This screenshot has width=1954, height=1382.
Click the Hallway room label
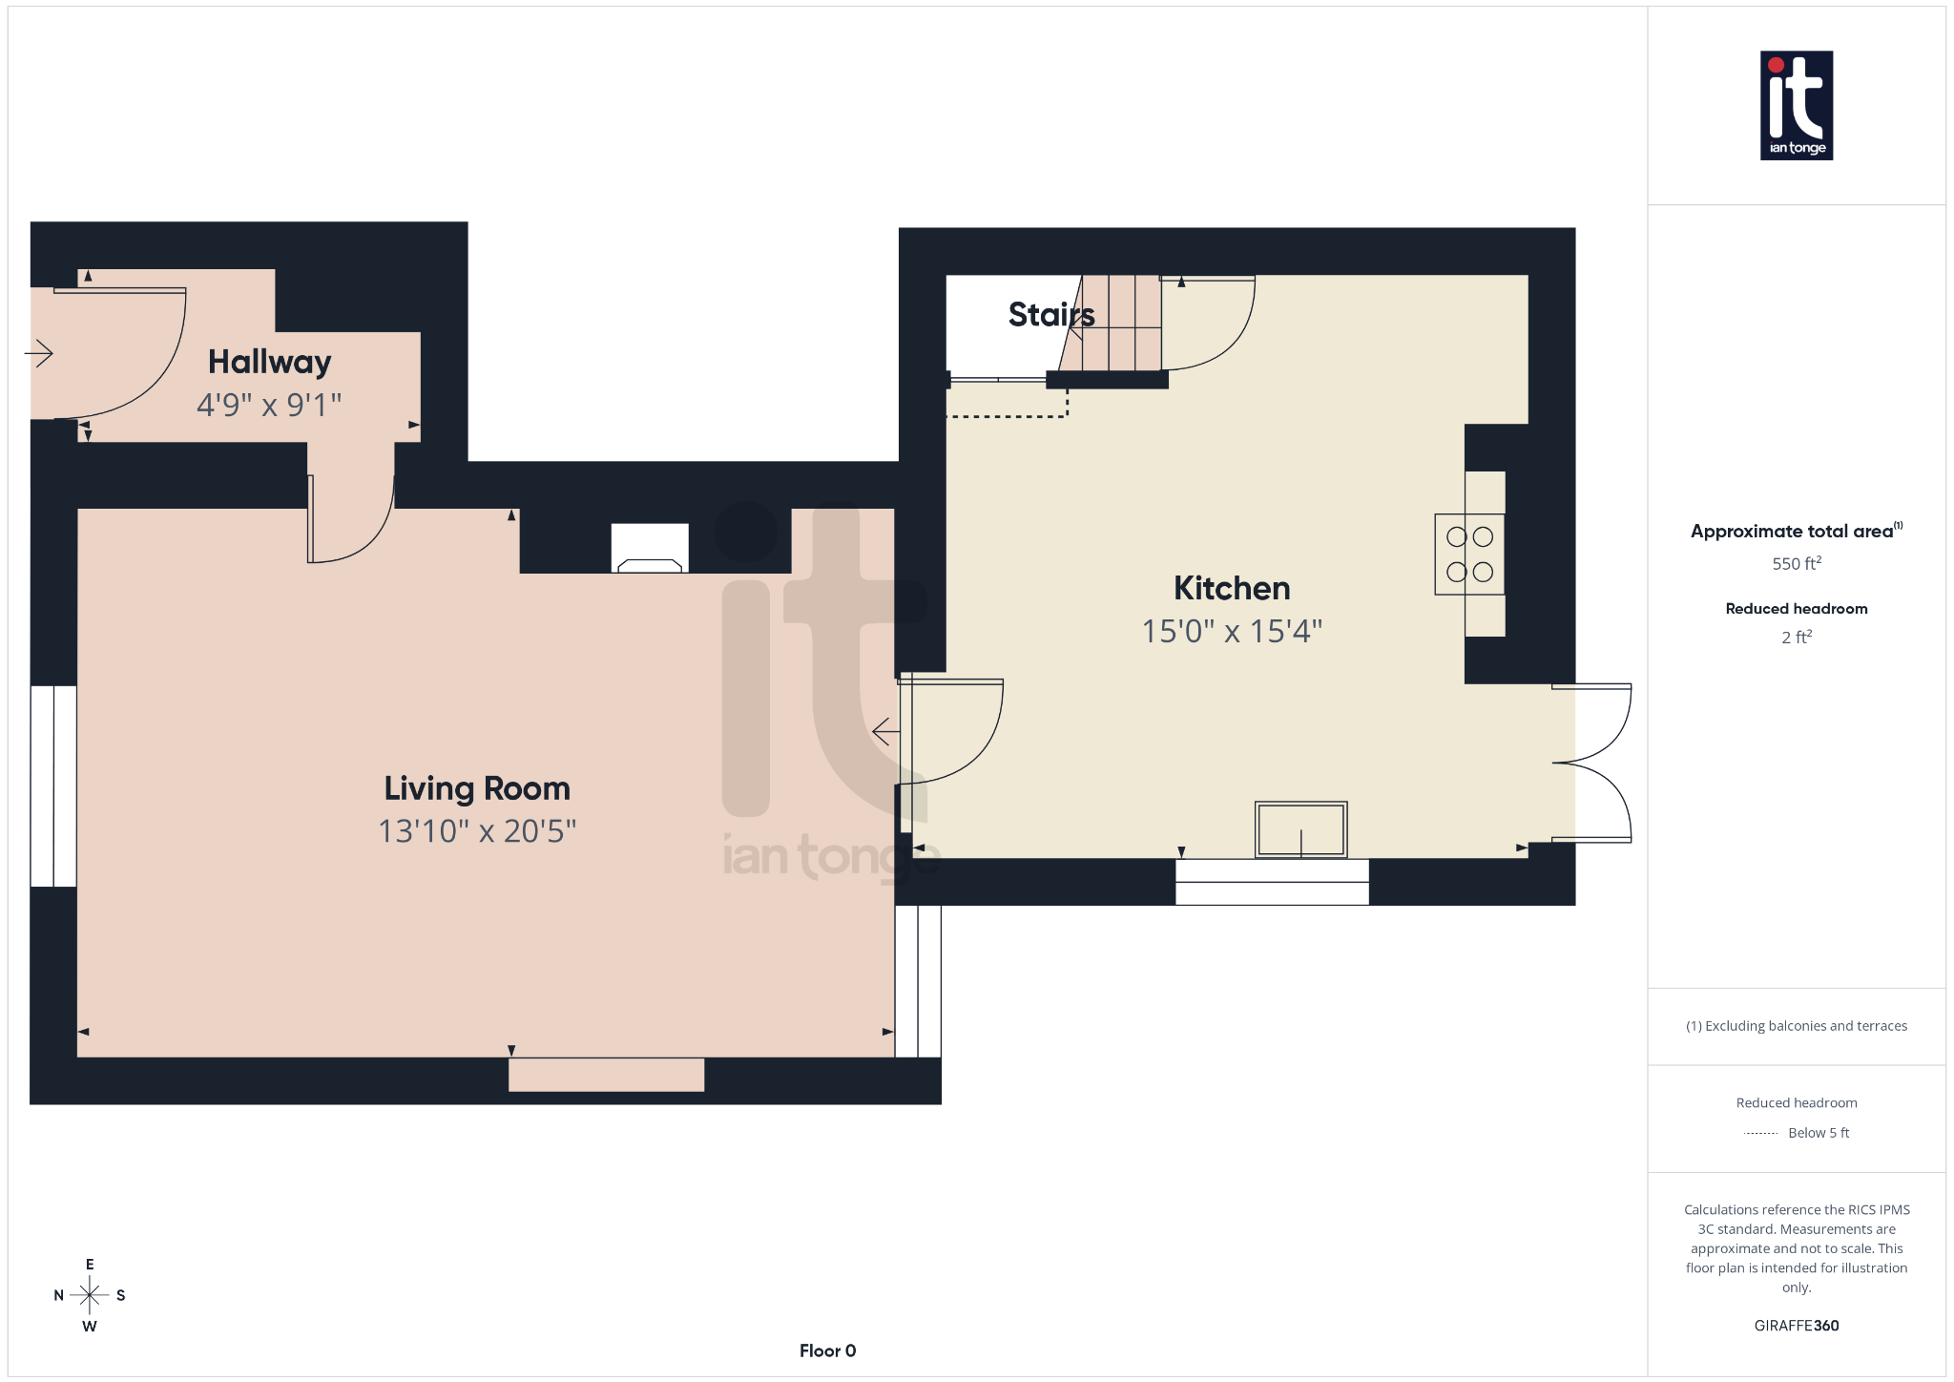pos(270,363)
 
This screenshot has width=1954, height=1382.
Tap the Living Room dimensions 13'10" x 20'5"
pos(477,831)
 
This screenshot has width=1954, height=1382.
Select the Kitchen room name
pos(1232,589)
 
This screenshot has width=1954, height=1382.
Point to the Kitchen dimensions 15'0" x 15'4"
pos(1232,632)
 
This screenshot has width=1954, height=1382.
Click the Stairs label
pos(1050,315)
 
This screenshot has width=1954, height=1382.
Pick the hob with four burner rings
pos(1469,555)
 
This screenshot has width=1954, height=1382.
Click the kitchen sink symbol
pos(1300,829)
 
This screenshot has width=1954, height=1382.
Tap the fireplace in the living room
pos(650,549)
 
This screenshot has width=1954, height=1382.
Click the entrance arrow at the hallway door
pos(39,354)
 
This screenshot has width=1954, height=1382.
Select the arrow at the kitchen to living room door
pos(885,732)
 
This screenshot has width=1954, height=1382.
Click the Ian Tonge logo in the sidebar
pos(1796,105)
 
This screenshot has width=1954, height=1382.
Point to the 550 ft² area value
pos(1796,564)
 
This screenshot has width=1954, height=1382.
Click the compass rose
pos(90,1295)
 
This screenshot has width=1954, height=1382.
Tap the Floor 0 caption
pos(827,1351)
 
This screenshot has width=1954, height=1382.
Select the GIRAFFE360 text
pos(1796,1326)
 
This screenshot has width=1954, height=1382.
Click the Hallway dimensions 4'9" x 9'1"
pos(269,406)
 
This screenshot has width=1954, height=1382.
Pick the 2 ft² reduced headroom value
pos(1796,638)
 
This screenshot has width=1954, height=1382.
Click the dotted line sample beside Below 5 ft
pos(1760,1134)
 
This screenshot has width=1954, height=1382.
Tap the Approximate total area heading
pos(1792,532)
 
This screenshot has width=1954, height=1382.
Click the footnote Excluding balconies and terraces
pos(1797,1026)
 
